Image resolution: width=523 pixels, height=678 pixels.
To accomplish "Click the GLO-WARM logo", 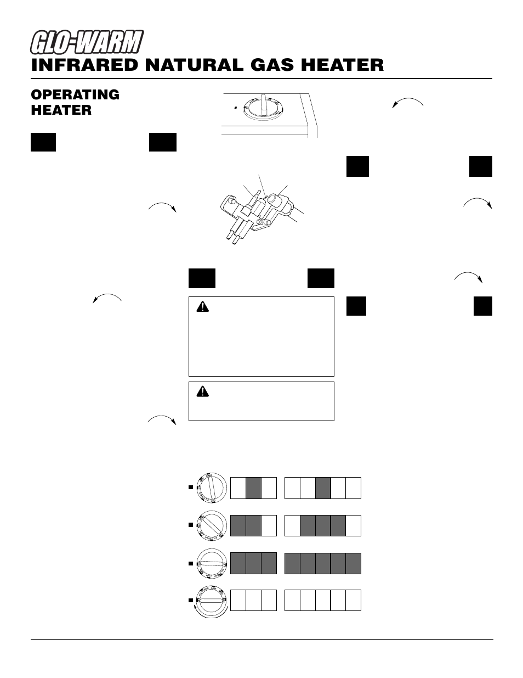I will pyautogui.click(x=87, y=43).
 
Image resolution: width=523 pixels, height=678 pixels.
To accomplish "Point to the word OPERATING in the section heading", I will pyautogui.click(x=75, y=94).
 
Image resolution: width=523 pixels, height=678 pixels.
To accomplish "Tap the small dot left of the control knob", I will pyautogui.click(x=235, y=108).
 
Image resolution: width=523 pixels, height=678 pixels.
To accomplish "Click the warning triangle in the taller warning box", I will pyautogui.click(x=202, y=307).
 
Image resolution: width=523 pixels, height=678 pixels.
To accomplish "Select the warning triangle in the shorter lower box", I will pyautogui.click(x=203, y=391).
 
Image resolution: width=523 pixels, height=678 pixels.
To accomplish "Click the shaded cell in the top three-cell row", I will pyautogui.click(x=253, y=488).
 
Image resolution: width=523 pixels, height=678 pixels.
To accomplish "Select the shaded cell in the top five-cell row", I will pyautogui.click(x=323, y=488).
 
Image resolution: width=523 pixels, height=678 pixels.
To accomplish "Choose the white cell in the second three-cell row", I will pyautogui.click(x=269, y=525).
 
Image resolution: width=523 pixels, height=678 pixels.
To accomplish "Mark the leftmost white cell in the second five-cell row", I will pyautogui.click(x=292, y=525).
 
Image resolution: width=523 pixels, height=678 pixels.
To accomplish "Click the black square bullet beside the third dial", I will pyautogui.click(x=191, y=563).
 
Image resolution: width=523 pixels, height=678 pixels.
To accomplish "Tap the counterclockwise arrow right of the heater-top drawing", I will pyautogui.click(x=408, y=103).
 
